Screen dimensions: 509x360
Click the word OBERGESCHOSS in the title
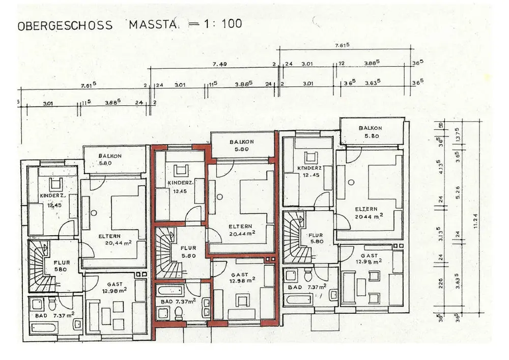[65, 25]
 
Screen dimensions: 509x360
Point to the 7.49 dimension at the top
[219, 64]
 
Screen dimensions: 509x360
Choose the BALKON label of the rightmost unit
[370, 128]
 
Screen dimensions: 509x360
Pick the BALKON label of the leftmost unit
[109, 156]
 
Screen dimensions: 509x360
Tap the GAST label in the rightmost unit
[369, 256]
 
